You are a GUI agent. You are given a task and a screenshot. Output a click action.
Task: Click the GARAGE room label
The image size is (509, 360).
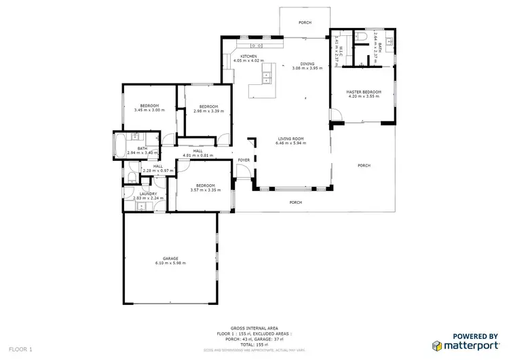coord(170,259)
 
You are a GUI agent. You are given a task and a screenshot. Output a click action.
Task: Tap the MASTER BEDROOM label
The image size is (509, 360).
coord(364,92)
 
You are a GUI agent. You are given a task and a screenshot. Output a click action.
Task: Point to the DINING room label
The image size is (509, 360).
coord(308,64)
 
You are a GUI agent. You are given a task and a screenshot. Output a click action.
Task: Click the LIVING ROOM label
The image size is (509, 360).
coord(290,139)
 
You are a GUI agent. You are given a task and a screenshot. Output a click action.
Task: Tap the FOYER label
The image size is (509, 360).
coord(243,160)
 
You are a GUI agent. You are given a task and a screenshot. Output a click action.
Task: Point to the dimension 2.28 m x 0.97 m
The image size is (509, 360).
coord(157,170)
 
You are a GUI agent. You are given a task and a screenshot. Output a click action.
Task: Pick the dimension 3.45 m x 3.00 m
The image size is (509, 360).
coord(149,110)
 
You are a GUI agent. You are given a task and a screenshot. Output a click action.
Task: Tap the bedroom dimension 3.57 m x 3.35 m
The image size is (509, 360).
coord(205,190)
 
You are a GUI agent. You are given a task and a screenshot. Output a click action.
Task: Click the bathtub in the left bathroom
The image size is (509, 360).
coord(120,144)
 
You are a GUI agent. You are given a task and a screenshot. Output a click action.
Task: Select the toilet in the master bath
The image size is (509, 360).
coord(363,35)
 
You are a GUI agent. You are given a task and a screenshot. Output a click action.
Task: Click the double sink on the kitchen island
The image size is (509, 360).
coord(267,75)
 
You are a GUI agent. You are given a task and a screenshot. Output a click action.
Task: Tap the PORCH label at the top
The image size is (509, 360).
coord(305,23)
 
